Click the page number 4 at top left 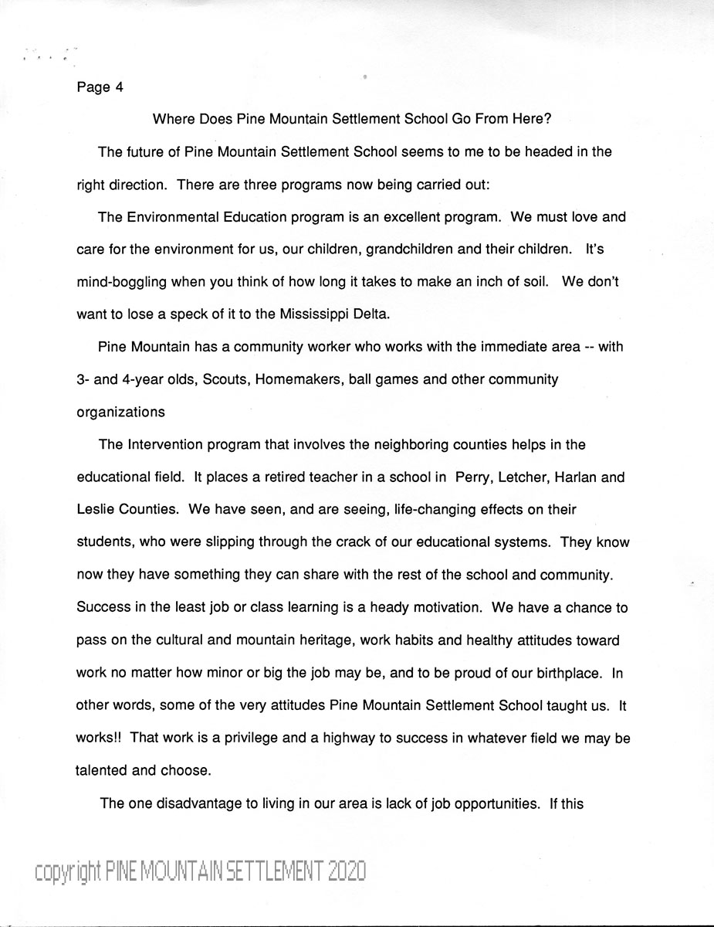click(x=119, y=87)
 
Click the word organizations click(x=120, y=413)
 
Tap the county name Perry click(x=473, y=477)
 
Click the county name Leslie click(x=95, y=510)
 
